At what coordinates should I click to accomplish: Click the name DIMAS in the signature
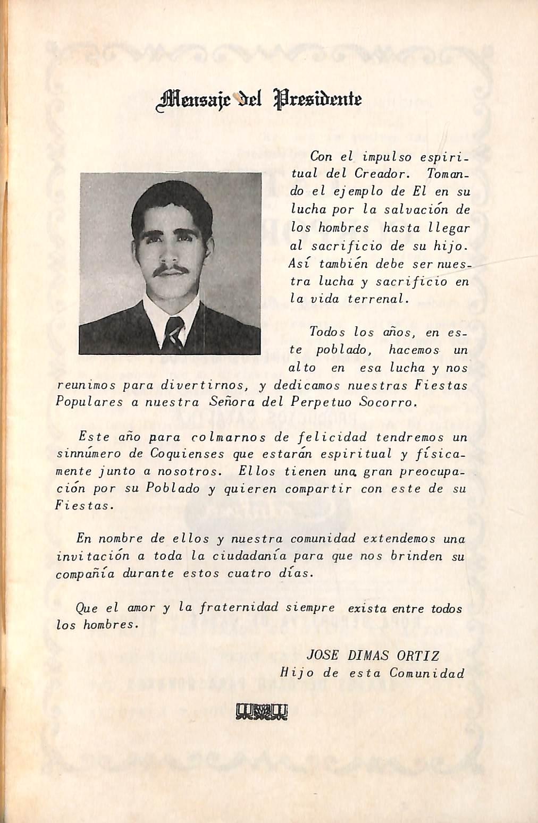point(369,655)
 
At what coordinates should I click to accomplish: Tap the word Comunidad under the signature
point(427,673)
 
